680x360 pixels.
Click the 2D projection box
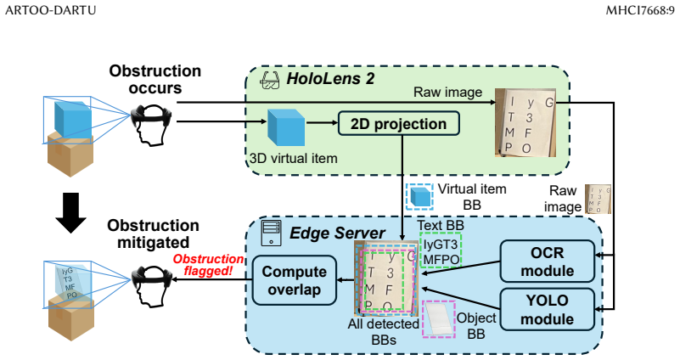click(x=398, y=124)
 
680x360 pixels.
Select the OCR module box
click(x=548, y=262)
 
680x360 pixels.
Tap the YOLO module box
click(x=548, y=310)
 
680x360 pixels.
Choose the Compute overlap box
click(x=294, y=280)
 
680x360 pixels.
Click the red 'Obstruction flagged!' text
click(x=208, y=265)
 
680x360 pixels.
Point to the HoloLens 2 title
click(x=330, y=78)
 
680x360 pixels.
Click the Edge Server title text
click(x=337, y=233)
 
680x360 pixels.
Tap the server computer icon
click(x=271, y=233)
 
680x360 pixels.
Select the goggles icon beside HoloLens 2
click(x=269, y=81)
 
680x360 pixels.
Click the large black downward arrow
click(x=71, y=212)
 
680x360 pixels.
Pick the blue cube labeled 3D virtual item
click(x=286, y=127)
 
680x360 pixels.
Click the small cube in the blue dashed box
click(x=419, y=197)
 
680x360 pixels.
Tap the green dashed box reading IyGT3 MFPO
click(x=441, y=250)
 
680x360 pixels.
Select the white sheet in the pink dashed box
click(x=439, y=319)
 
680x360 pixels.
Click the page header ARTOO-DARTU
click(x=50, y=10)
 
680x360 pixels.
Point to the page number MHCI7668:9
click(x=640, y=10)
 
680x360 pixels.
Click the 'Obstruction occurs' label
click(x=155, y=79)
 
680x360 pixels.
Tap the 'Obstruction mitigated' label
click(x=153, y=233)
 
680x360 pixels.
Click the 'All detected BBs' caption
click(x=384, y=332)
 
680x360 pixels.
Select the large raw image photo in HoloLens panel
click(x=525, y=122)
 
